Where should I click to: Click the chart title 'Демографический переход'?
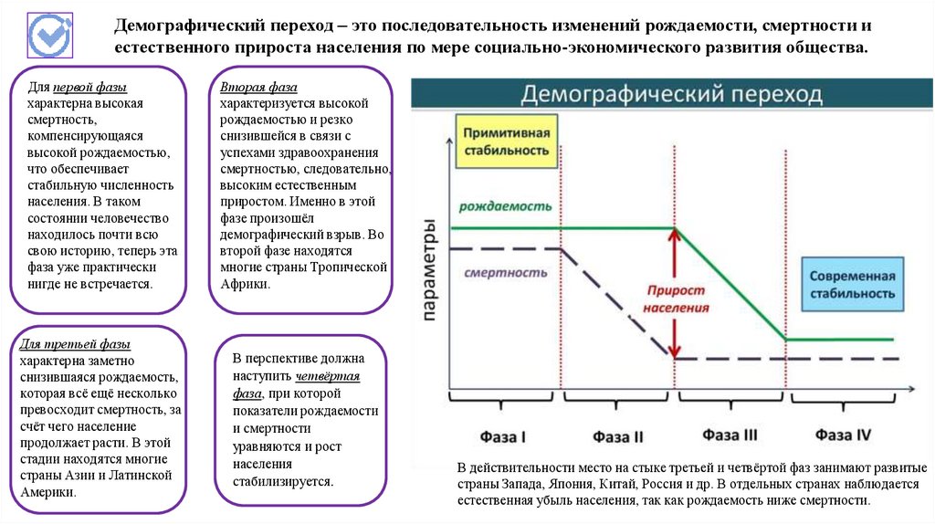(671, 94)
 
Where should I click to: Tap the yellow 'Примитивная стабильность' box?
(507, 142)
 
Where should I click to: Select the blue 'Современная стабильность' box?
(849, 285)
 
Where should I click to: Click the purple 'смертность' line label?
(505, 272)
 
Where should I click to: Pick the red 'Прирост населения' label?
(676, 299)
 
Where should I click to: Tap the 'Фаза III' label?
(731, 435)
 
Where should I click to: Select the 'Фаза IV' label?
(844, 435)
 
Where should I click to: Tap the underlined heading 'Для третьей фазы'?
(75, 344)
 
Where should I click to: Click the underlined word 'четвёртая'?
(328, 376)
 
